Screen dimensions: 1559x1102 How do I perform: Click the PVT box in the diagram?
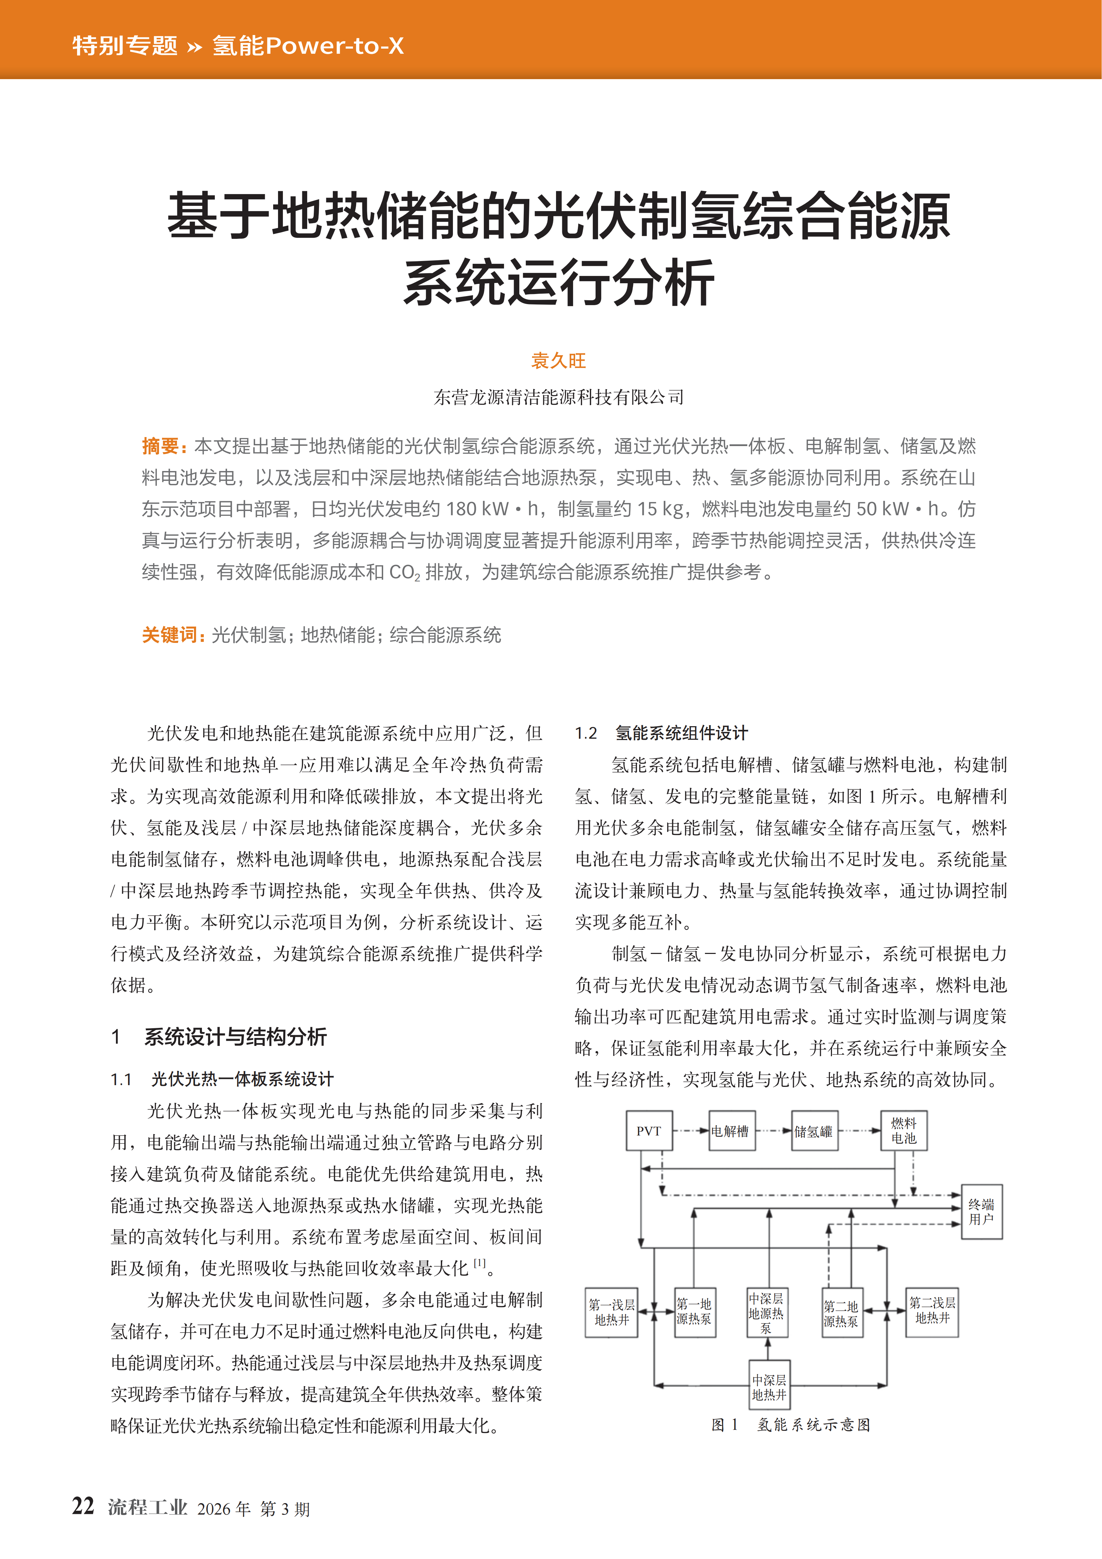coord(648,1131)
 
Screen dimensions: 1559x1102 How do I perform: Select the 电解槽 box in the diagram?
coord(731,1131)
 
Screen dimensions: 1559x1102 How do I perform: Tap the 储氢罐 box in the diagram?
coord(814,1131)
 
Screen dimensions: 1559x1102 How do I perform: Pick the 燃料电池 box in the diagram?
coord(904,1131)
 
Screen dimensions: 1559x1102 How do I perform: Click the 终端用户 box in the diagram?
coord(981,1212)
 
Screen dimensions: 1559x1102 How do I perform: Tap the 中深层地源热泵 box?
coord(767,1313)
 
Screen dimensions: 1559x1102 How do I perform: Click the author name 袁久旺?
coord(558,361)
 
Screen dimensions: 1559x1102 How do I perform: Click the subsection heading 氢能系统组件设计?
coord(681,733)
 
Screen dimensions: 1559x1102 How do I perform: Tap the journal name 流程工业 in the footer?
coord(148,1507)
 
